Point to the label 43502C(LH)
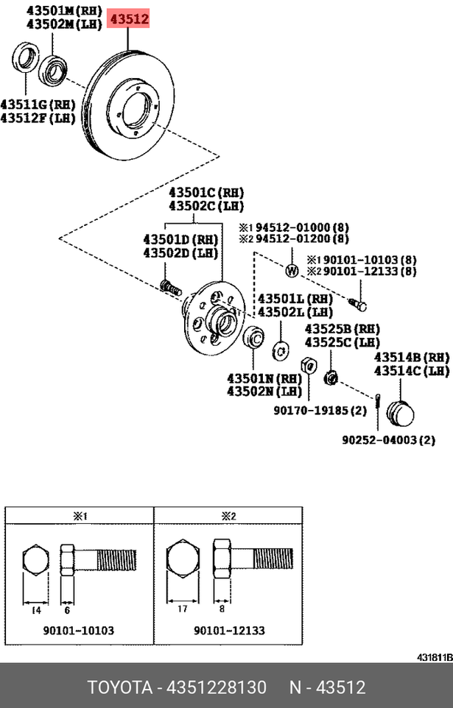[206, 206]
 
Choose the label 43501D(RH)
[180, 238]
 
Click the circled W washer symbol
[291, 271]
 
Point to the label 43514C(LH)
[411, 370]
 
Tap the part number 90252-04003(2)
[387, 440]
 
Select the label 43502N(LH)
[263, 390]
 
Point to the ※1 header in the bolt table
[80, 517]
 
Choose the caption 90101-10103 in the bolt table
[79, 631]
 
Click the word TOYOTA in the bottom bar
[118, 688]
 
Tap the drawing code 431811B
[435, 656]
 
